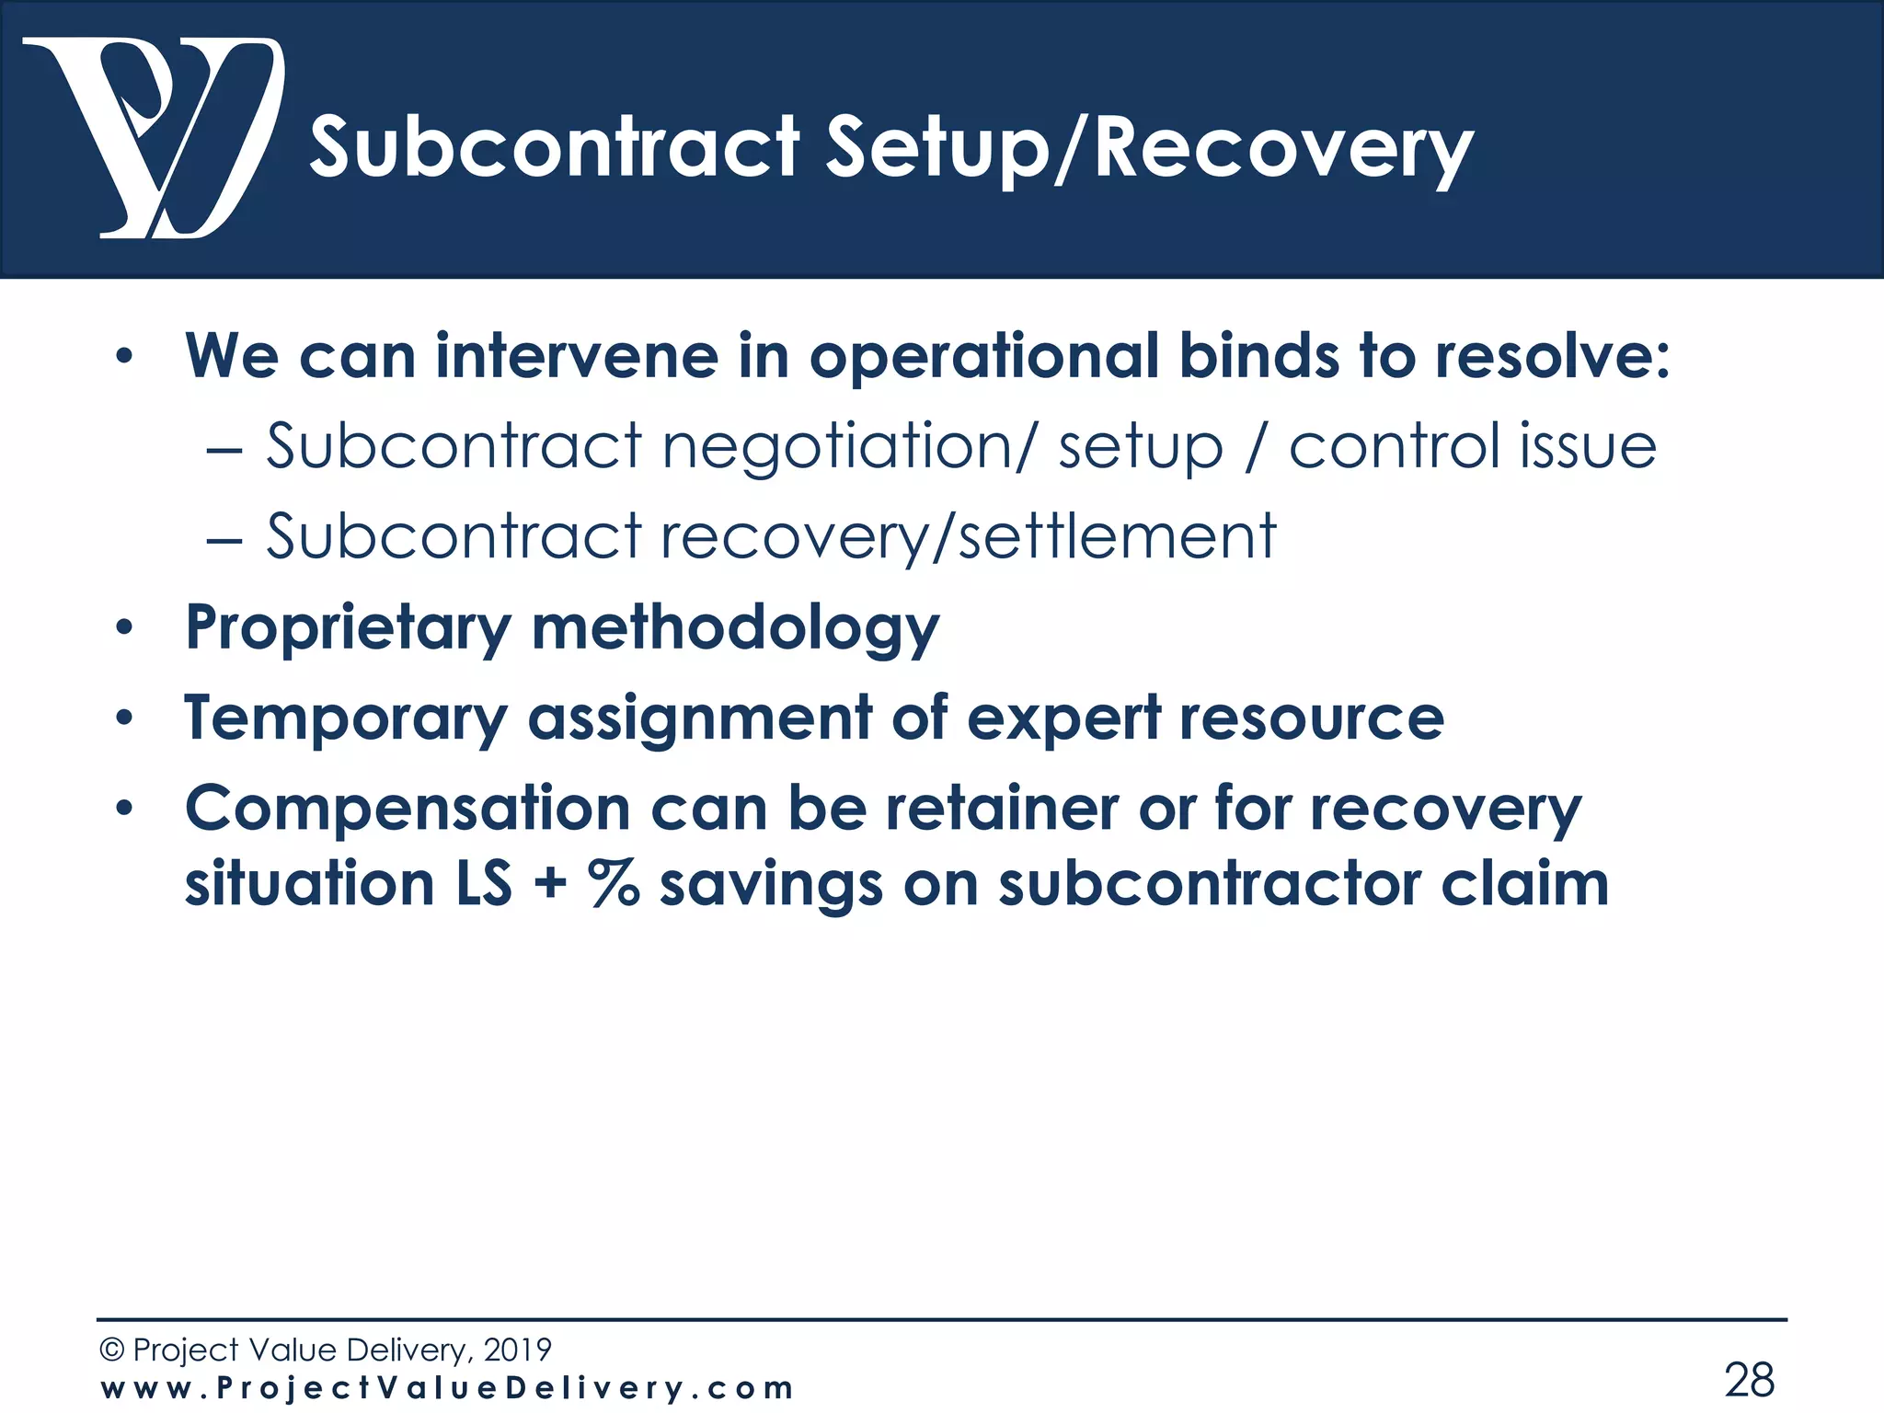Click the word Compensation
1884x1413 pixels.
point(408,809)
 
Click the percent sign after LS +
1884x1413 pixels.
point(614,884)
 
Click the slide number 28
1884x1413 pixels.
point(1749,1380)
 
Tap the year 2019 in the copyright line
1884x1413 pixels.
point(517,1350)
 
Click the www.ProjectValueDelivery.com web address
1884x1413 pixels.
point(447,1388)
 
